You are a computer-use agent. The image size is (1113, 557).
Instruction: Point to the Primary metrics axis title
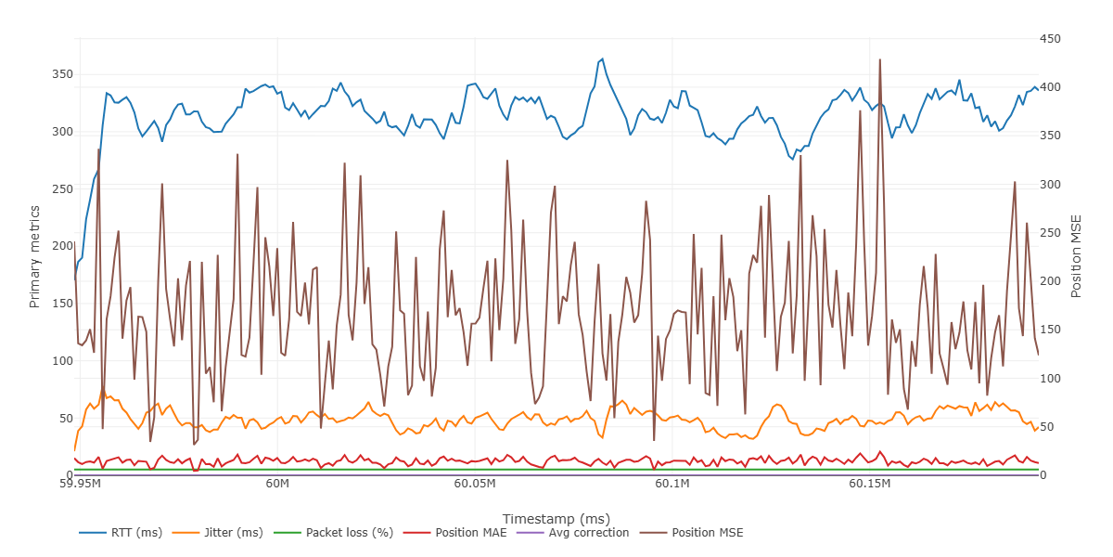point(35,257)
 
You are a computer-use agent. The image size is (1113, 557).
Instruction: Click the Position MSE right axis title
point(1077,257)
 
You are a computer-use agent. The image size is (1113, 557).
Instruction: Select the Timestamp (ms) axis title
point(556,518)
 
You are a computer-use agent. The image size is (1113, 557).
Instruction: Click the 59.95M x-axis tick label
point(81,485)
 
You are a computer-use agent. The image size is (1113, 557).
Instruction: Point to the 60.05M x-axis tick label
point(475,485)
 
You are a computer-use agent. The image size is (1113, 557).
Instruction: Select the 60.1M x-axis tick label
point(672,485)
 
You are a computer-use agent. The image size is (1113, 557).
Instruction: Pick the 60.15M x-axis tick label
point(870,485)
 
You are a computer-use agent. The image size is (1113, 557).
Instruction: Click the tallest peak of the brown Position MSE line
point(879,59)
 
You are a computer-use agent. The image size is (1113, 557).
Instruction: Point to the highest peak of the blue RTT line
point(602,58)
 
